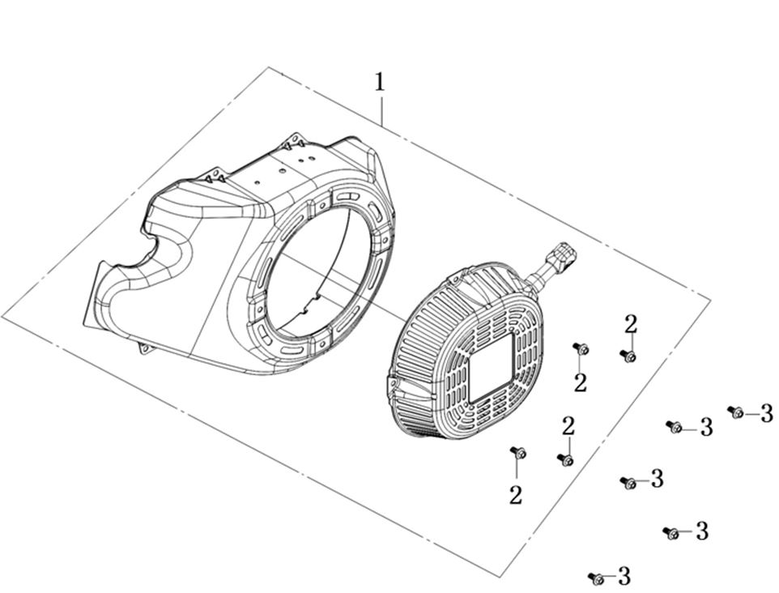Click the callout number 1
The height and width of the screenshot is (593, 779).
(x=379, y=82)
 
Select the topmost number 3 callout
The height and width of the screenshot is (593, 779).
(x=766, y=414)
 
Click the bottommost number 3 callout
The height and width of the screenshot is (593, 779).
(x=624, y=577)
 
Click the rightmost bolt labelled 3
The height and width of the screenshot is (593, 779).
(x=736, y=412)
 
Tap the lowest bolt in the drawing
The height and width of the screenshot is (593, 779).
(x=597, y=578)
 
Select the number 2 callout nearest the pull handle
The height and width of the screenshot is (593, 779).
(x=631, y=324)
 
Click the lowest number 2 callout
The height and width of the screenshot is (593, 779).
(x=516, y=496)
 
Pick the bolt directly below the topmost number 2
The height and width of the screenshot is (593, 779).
(x=628, y=356)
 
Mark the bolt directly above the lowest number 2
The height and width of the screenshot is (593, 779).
(x=518, y=451)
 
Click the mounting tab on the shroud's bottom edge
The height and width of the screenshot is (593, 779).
(x=147, y=348)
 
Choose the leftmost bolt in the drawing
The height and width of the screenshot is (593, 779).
(x=518, y=451)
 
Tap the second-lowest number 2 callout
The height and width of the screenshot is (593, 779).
(x=568, y=425)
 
